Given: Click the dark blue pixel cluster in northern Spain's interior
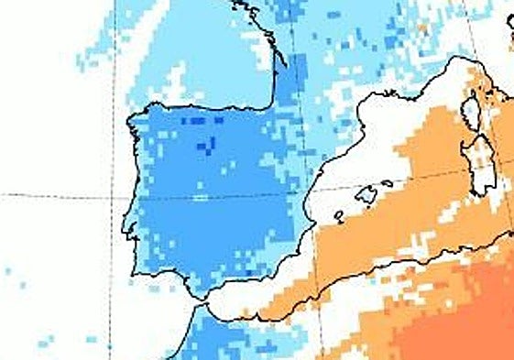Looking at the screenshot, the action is tap(206, 145).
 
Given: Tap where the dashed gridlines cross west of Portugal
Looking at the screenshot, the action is tap(113, 196).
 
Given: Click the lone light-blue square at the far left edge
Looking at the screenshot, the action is tap(6, 271).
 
